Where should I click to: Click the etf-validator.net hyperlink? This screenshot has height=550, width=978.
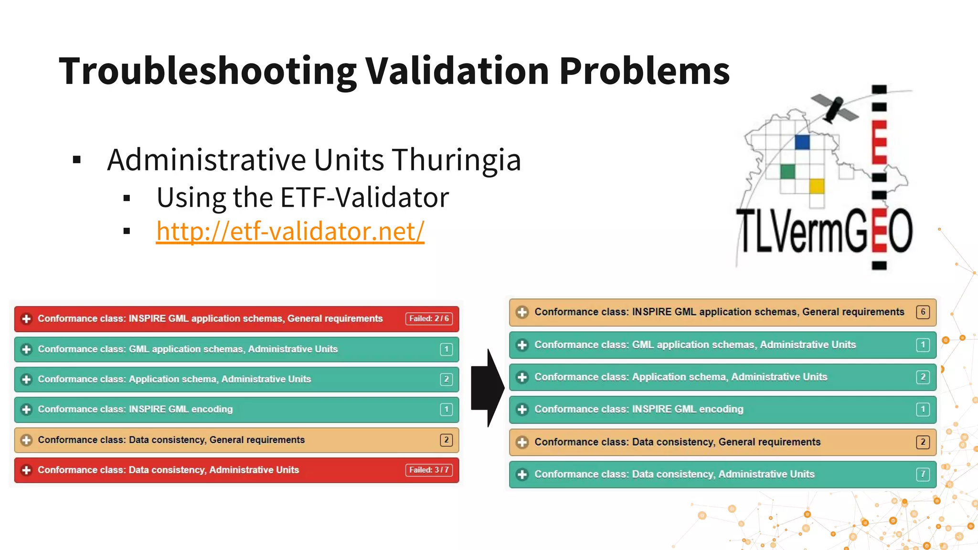click(290, 232)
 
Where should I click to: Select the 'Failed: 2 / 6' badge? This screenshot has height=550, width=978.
click(429, 318)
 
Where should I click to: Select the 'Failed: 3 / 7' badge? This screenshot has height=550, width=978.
click(429, 470)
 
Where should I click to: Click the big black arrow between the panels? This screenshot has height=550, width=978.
click(487, 388)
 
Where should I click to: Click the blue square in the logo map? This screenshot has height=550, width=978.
click(802, 142)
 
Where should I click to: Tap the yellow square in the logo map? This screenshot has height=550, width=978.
click(817, 186)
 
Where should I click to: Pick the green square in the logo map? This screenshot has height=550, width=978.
click(787, 171)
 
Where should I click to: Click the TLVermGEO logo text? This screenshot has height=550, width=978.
click(824, 232)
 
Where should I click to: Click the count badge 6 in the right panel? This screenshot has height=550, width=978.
click(923, 312)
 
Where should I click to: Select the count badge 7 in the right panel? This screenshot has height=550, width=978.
click(923, 474)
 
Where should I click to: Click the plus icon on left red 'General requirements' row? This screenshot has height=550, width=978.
click(27, 318)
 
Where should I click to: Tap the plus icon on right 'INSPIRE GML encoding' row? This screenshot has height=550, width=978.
click(522, 409)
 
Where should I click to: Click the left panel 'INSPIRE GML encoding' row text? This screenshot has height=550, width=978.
click(135, 409)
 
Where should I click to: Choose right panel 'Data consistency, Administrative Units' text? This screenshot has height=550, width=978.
click(674, 474)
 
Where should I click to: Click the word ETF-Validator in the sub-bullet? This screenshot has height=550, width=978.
click(364, 197)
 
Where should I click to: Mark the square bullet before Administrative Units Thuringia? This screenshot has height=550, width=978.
click(77, 160)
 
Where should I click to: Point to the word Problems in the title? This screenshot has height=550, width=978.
click(644, 72)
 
